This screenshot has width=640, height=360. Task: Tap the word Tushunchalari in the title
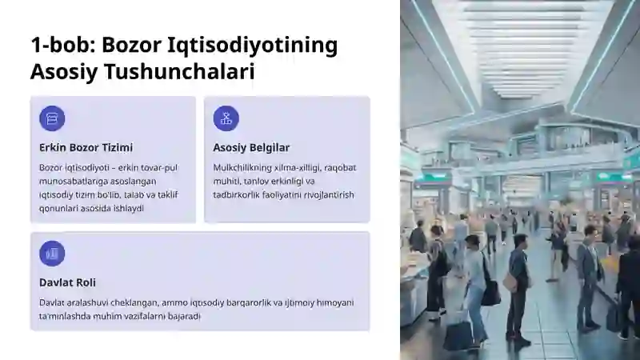(179, 71)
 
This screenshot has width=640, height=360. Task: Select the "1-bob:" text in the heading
(63, 45)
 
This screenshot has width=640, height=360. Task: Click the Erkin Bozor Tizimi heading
(86, 147)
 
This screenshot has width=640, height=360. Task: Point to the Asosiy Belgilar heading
(251, 147)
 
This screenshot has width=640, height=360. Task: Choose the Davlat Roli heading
(67, 282)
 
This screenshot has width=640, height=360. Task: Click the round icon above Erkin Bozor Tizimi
(52, 118)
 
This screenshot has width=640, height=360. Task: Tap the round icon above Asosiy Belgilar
(226, 118)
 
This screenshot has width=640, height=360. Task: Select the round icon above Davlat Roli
(52, 254)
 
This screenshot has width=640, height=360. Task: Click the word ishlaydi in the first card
(129, 208)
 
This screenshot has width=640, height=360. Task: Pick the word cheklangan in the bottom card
(134, 303)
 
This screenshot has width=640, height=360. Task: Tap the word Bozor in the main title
(131, 45)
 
